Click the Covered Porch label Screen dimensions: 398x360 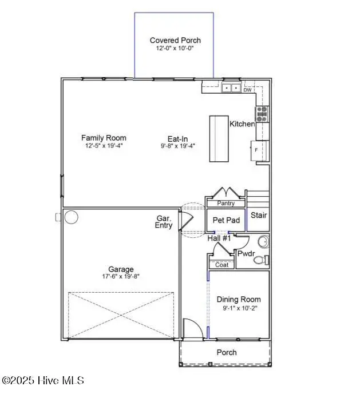pos(175,40)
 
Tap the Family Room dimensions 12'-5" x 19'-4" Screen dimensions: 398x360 pos(103,146)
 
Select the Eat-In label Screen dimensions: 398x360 pos(177,138)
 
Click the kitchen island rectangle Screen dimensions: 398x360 pos(219,140)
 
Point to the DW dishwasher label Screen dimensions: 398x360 pos(247,90)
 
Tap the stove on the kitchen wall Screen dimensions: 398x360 pos(262,114)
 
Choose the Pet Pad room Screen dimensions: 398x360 pos(225,220)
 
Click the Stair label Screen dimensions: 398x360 pos(259,216)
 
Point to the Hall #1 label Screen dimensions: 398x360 pos(219,238)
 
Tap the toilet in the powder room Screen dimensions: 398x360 pos(260,260)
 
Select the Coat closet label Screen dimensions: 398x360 pos(221,264)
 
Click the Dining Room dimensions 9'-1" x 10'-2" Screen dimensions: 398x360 pos(238,308)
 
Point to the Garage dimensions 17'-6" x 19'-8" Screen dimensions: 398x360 pos(121,276)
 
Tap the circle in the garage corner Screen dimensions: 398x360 pos(71,217)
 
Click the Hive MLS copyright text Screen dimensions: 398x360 pos(43,380)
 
